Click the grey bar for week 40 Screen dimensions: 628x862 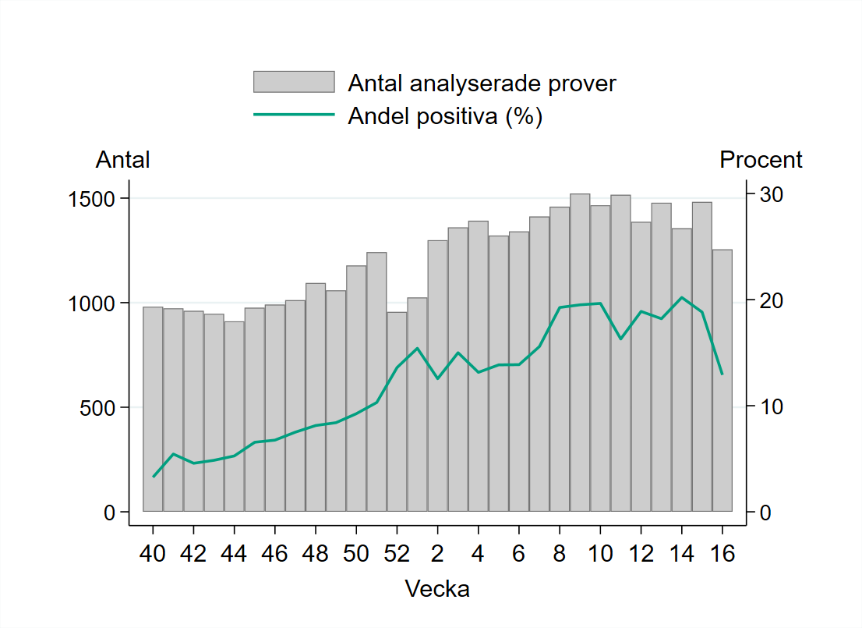(153, 409)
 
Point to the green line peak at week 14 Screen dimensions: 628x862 (681, 297)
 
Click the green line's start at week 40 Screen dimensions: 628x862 (154, 476)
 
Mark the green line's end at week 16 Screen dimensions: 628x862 (722, 374)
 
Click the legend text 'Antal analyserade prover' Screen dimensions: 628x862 (482, 83)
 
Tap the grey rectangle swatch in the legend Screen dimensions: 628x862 (294, 82)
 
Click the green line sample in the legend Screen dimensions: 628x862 (294, 115)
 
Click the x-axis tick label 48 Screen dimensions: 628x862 (315, 553)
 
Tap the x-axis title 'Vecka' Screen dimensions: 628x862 (437, 588)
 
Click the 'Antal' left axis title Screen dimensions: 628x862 (122, 160)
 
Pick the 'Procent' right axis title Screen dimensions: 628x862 (761, 160)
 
